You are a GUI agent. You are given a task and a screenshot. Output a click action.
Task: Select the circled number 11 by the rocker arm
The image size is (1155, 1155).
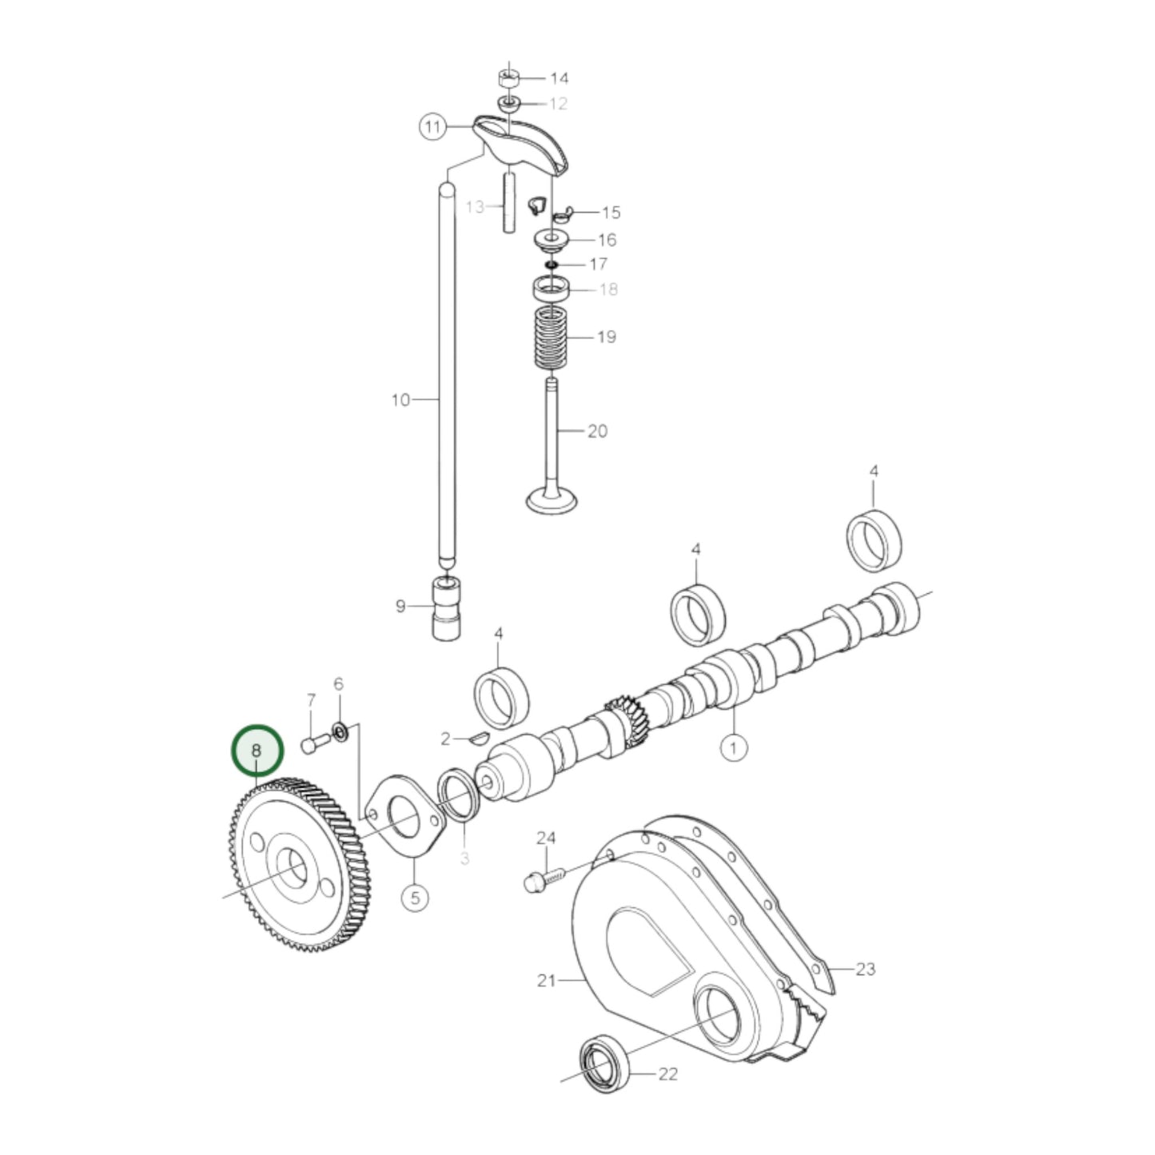432,127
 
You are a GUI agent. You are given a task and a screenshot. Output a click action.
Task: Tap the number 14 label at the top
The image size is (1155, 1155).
559,78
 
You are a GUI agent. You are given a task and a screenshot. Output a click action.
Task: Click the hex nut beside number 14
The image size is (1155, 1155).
508,78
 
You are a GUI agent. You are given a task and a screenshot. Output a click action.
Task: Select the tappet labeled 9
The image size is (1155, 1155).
447,608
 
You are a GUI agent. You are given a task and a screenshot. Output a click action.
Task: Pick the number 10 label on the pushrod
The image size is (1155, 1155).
400,400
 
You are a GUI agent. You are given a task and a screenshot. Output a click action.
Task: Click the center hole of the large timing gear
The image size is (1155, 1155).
293,868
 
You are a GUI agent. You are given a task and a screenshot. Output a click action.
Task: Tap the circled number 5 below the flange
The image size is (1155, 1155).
415,898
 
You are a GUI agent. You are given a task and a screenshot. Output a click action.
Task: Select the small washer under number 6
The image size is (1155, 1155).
340,731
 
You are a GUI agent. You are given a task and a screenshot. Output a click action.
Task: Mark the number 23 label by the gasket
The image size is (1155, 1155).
865,970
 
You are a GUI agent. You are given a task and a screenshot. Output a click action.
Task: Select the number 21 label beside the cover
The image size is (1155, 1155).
547,980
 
